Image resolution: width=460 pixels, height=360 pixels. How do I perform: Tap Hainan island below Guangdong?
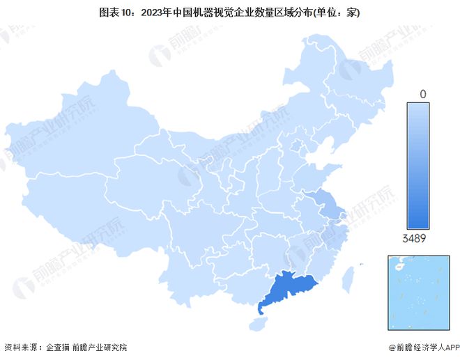[259, 323]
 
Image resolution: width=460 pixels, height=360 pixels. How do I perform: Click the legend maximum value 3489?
[413, 238]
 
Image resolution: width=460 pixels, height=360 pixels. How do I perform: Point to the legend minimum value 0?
[422, 93]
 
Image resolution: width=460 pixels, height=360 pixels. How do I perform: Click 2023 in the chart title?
[153, 12]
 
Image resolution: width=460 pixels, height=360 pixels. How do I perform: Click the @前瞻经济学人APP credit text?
[418, 347]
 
